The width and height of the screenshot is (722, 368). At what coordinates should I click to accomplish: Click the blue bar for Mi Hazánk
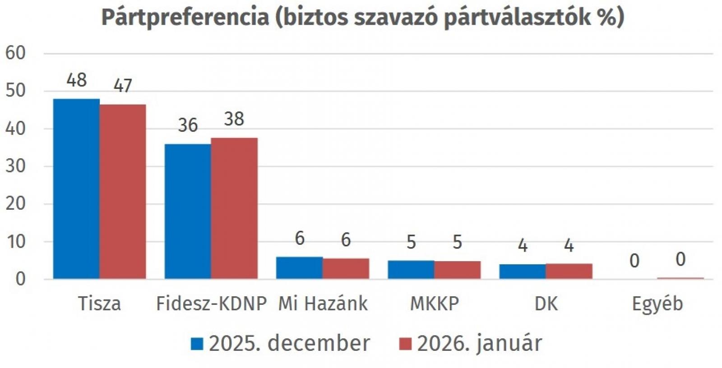[x=299, y=268]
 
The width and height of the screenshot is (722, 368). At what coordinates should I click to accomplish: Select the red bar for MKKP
[x=457, y=270]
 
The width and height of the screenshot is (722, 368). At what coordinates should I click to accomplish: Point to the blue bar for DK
[x=522, y=271]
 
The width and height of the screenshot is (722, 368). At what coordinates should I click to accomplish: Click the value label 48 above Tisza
[x=76, y=80]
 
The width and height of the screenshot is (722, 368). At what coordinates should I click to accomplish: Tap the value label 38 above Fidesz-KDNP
[x=234, y=119]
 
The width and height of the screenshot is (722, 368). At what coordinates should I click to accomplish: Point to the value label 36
[x=188, y=125]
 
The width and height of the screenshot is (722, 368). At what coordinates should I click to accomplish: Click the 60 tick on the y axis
[x=15, y=53]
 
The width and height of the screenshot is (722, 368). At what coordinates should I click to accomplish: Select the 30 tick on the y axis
[x=15, y=166]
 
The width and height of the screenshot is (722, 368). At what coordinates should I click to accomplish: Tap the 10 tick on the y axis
[x=15, y=241]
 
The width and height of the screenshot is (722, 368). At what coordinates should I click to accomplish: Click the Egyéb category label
[x=657, y=304]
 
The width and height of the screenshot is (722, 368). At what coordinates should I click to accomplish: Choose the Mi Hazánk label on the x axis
[x=323, y=304]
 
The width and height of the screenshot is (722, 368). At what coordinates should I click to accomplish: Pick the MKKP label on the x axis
[x=434, y=304]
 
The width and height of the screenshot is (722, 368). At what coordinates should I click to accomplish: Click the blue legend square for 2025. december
[x=197, y=344]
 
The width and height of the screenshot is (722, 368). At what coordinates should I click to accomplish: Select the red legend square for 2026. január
[x=406, y=344]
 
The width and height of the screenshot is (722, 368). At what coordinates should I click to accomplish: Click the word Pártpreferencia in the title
[x=185, y=17]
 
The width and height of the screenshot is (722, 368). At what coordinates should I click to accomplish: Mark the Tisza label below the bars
[x=99, y=304]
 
